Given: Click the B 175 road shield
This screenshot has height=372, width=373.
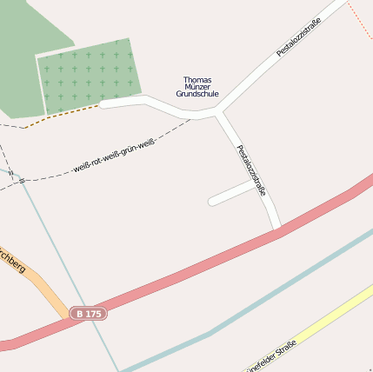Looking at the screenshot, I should tap(89, 313).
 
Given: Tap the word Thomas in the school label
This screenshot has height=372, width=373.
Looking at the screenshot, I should tap(196, 80).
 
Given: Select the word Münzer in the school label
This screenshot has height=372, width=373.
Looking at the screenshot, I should tap(196, 87).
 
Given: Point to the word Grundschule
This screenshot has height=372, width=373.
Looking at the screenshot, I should tap(196, 94).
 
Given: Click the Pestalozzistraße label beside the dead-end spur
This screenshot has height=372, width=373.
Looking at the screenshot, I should tap(250, 169).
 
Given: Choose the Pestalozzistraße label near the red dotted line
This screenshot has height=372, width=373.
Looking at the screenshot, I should tap(299, 37).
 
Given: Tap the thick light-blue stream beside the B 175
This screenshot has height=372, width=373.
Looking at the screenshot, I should tap(261, 296).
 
